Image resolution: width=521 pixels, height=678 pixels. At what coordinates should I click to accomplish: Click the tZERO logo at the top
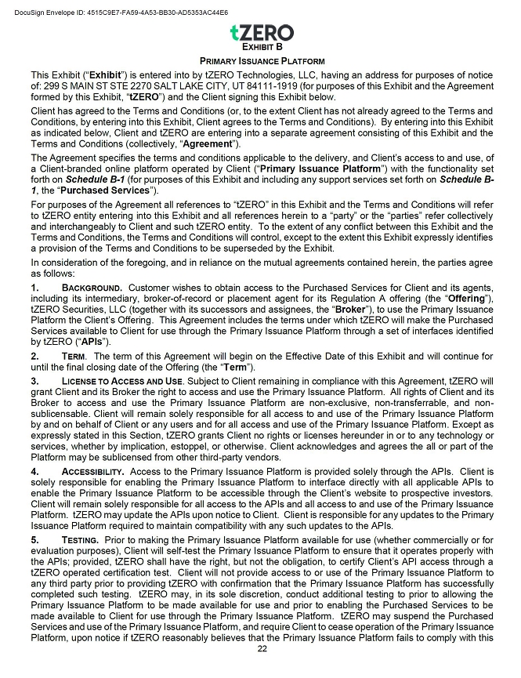click(x=262, y=32)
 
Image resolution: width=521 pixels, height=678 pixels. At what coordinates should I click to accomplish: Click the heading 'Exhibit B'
click(x=261, y=47)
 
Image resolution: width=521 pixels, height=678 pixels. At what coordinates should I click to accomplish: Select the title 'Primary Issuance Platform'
click(x=262, y=60)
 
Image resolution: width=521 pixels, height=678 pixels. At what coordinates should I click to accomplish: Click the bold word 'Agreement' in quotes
click(x=210, y=143)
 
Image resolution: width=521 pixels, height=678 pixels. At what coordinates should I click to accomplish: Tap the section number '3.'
click(x=35, y=380)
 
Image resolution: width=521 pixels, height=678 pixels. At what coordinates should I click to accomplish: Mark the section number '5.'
click(x=35, y=540)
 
